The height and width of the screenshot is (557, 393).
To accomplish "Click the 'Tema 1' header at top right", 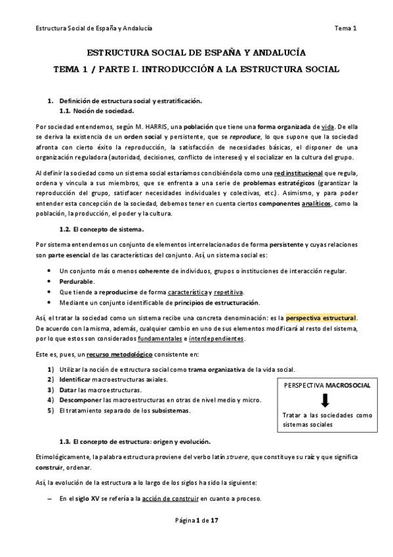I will (345, 28).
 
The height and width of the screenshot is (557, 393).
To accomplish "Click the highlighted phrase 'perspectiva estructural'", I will (321, 318).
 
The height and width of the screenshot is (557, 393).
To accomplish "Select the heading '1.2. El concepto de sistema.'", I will (101, 229).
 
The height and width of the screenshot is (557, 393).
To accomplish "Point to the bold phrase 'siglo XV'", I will (91, 499).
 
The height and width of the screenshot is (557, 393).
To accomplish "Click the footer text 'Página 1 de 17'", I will (196, 539).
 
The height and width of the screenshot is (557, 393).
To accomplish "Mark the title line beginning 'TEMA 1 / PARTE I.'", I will (196, 68).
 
